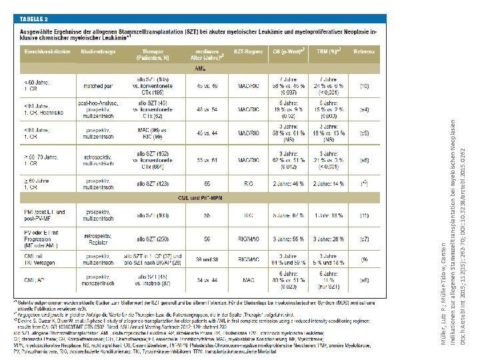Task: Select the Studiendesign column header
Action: (x=97, y=51)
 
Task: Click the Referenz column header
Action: (x=364, y=51)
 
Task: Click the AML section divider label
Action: (x=199, y=69)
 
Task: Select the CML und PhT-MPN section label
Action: (x=199, y=198)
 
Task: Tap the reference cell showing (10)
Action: (x=364, y=86)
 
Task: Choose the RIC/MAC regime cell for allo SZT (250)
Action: (x=247, y=238)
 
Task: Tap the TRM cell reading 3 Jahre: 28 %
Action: (x=331, y=238)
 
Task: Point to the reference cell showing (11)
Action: (x=364, y=215)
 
